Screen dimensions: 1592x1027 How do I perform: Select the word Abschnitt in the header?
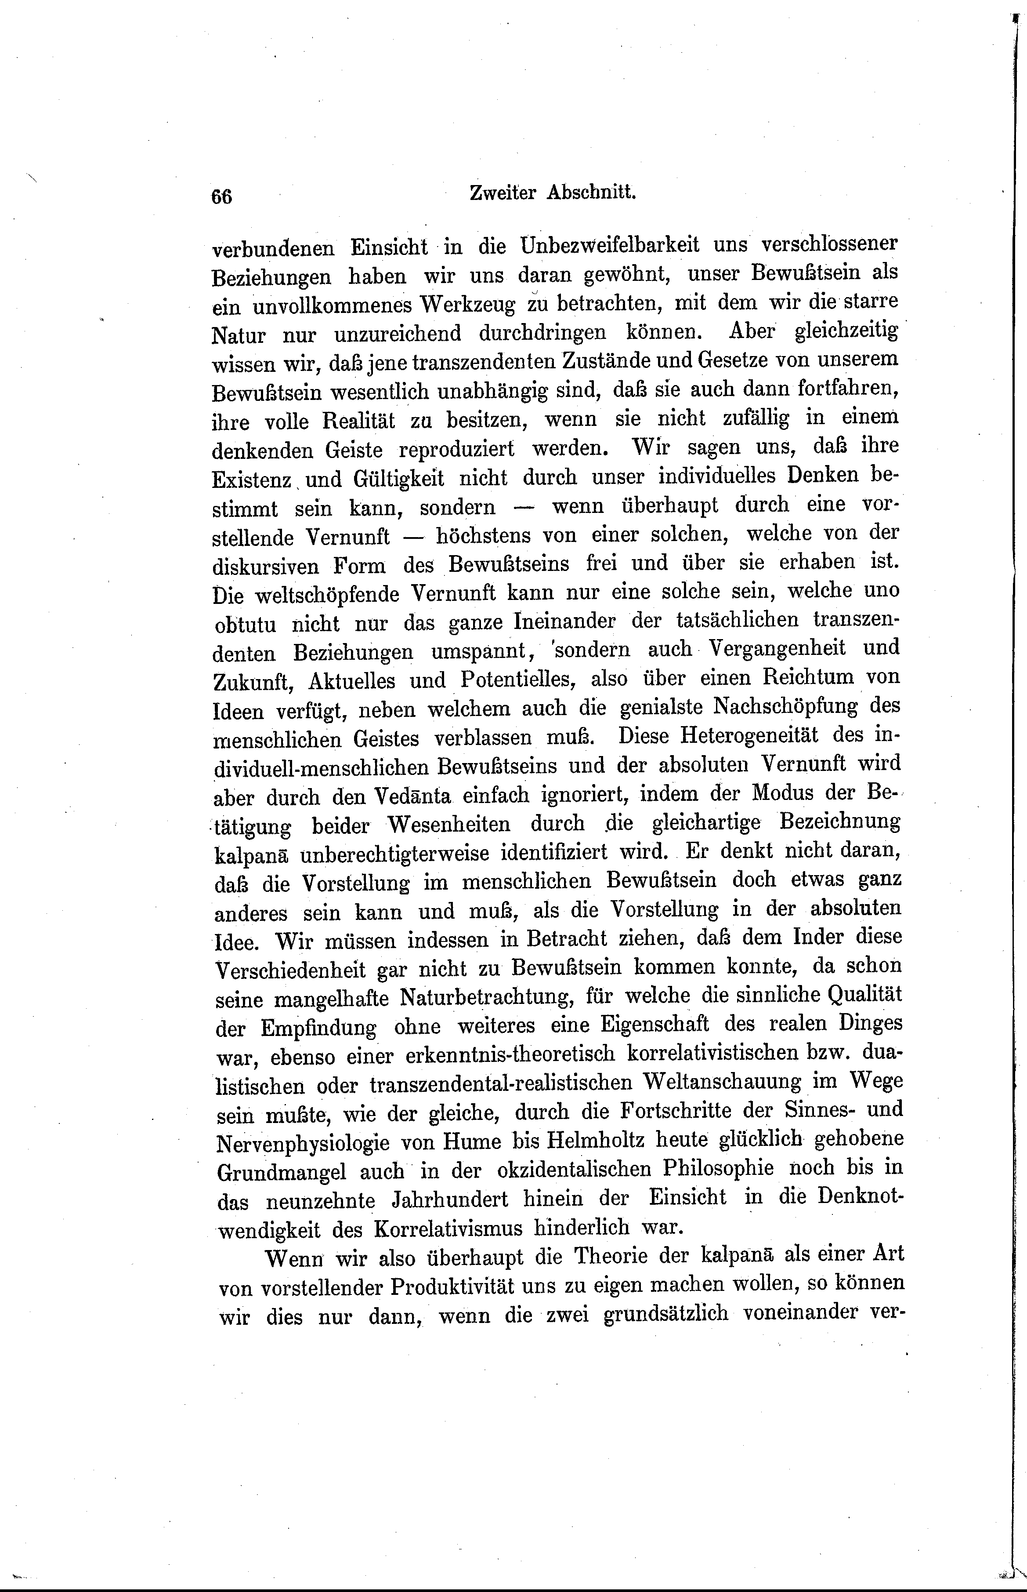point(592,193)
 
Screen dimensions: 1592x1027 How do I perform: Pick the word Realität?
point(359,421)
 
